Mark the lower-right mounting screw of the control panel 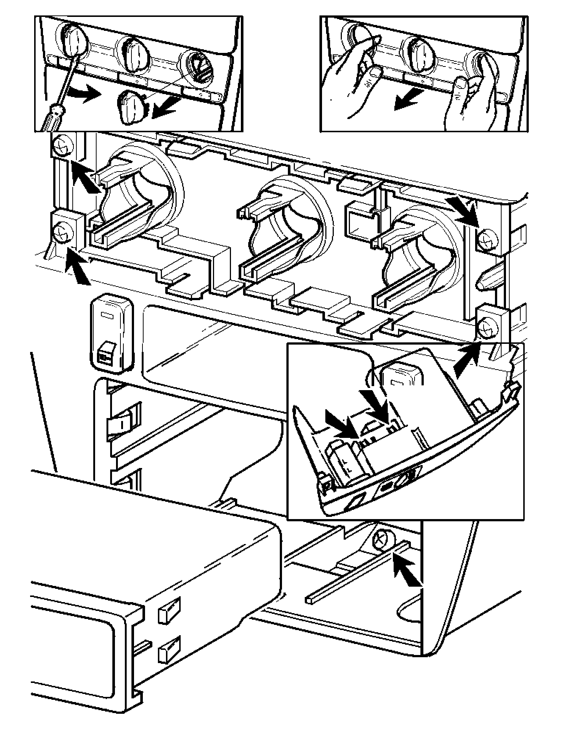[x=488, y=325]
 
